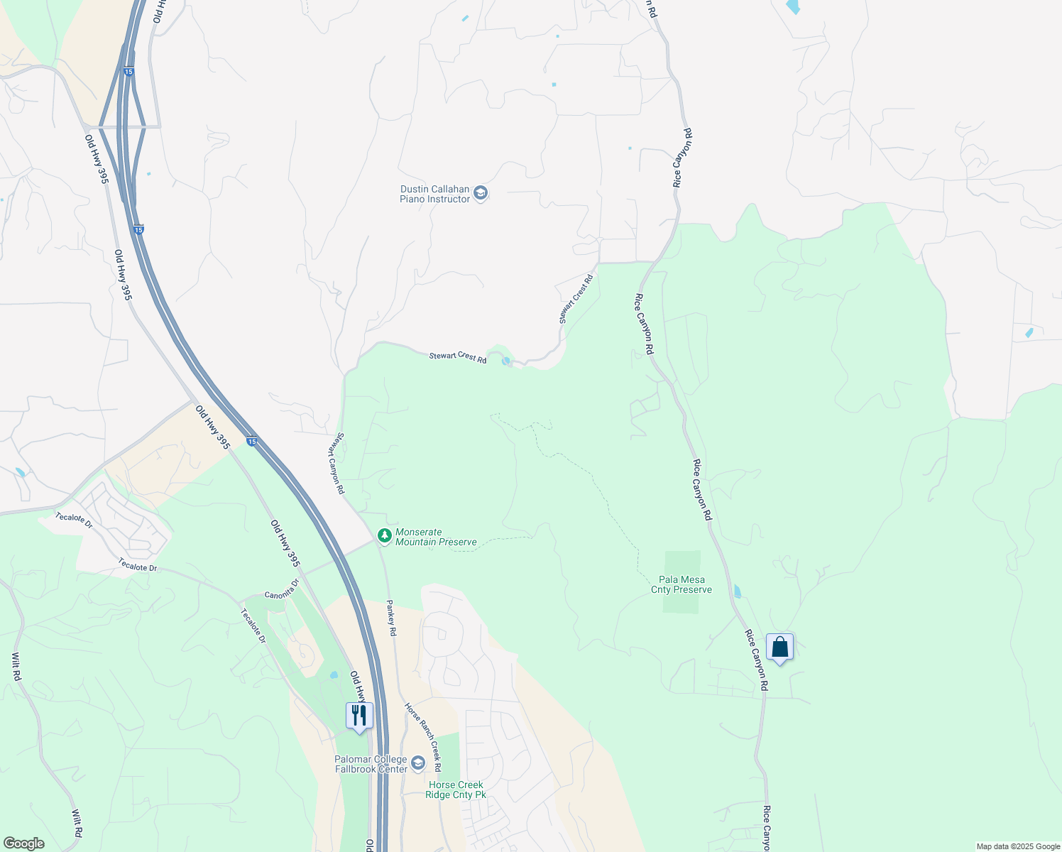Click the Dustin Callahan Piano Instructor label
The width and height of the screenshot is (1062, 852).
point(434,194)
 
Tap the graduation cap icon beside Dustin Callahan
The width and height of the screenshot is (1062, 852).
point(481,194)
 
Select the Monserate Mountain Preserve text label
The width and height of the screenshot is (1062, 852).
point(436,537)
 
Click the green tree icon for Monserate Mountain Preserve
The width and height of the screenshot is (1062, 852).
point(384,535)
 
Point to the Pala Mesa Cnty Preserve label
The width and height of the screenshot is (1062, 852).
point(681,584)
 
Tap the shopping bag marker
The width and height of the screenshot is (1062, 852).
point(779,648)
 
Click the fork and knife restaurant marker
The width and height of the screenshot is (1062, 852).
point(359,715)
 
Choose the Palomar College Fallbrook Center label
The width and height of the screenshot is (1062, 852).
point(371,764)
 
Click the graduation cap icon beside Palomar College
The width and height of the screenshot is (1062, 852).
point(418,764)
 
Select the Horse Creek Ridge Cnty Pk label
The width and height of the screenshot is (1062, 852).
point(456,790)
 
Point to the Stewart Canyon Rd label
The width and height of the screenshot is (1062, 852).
point(336,464)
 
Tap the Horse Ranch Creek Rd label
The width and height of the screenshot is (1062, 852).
point(423,737)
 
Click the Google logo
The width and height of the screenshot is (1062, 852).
point(23,843)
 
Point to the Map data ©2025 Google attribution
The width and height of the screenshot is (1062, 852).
point(1017,846)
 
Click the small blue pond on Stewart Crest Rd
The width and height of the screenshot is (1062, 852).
point(505,361)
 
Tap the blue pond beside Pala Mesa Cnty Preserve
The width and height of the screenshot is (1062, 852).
point(737,591)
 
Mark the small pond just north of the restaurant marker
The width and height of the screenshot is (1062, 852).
point(334,674)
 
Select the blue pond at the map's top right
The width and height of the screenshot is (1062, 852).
point(792,7)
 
